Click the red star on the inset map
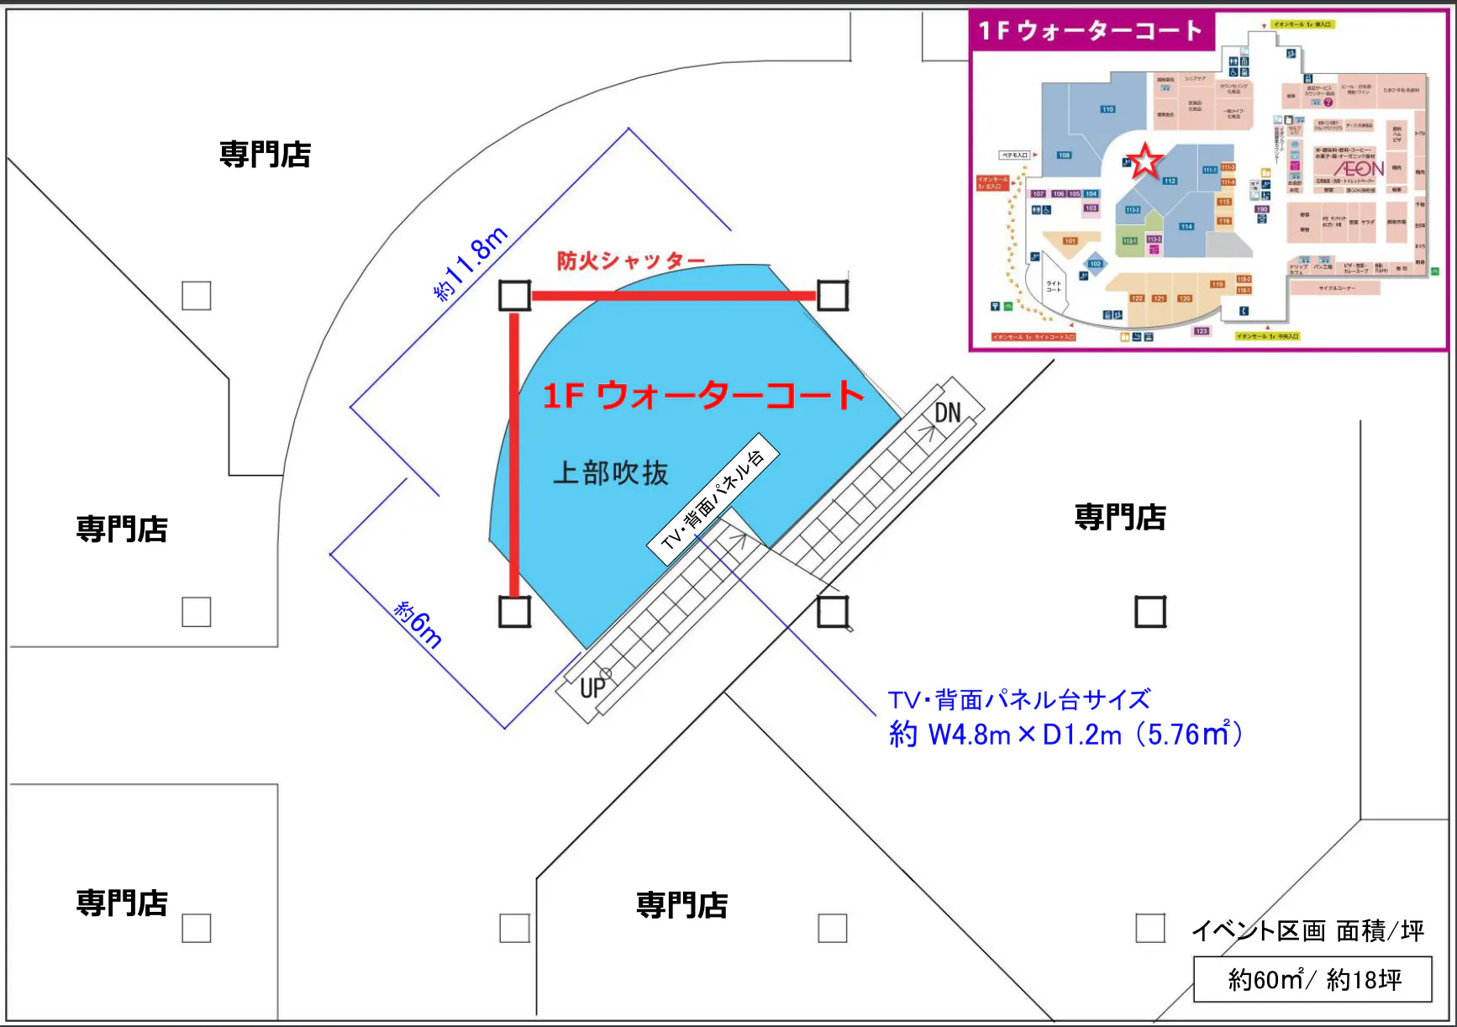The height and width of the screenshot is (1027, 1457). point(1144,161)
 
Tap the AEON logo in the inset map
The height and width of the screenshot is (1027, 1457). point(1358,169)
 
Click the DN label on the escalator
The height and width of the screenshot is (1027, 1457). point(947,413)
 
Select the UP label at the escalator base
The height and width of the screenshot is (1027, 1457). point(592,687)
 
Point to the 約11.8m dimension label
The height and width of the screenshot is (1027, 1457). point(471,263)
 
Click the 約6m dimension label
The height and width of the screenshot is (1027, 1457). point(418,624)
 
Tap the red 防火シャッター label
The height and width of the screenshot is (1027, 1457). point(630,261)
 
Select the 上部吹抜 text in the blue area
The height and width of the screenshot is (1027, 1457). point(611,473)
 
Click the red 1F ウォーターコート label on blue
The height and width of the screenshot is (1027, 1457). point(702,395)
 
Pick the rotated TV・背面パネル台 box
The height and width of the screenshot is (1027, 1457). point(713,498)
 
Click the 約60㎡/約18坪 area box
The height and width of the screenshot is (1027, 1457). point(1313,980)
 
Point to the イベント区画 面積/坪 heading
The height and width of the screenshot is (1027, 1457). point(1307,930)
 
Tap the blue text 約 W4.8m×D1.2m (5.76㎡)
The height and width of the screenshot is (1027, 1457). point(1065,735)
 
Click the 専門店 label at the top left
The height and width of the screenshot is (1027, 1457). point(265,155)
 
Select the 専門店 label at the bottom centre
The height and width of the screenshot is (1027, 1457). point(681,905)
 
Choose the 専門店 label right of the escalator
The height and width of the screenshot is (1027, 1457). point(1120,517)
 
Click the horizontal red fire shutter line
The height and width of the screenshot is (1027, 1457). point(673,295)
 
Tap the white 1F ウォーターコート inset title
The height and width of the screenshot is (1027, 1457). point(1090,31)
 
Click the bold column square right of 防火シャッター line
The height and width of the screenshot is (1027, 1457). point(833,295)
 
